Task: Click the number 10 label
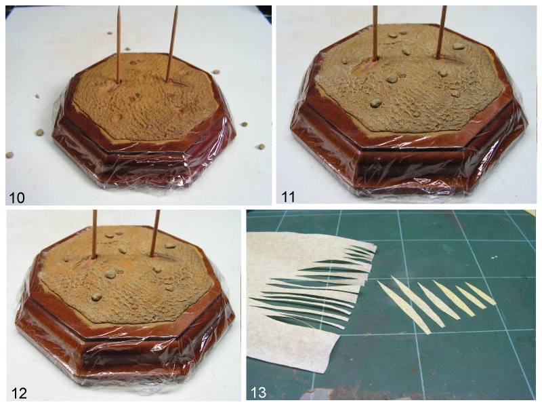16,197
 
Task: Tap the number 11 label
289,197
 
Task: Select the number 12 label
19,393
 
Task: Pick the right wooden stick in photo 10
172,43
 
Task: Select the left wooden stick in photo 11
375,32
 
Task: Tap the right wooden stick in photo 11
442,32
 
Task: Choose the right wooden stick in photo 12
156,233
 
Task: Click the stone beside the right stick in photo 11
458,46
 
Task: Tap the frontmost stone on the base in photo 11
376,102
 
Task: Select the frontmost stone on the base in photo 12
97,296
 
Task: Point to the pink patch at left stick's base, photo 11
369,66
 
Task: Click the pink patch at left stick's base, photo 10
112,86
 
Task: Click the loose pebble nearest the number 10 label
9,155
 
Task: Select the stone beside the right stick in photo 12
170,246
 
